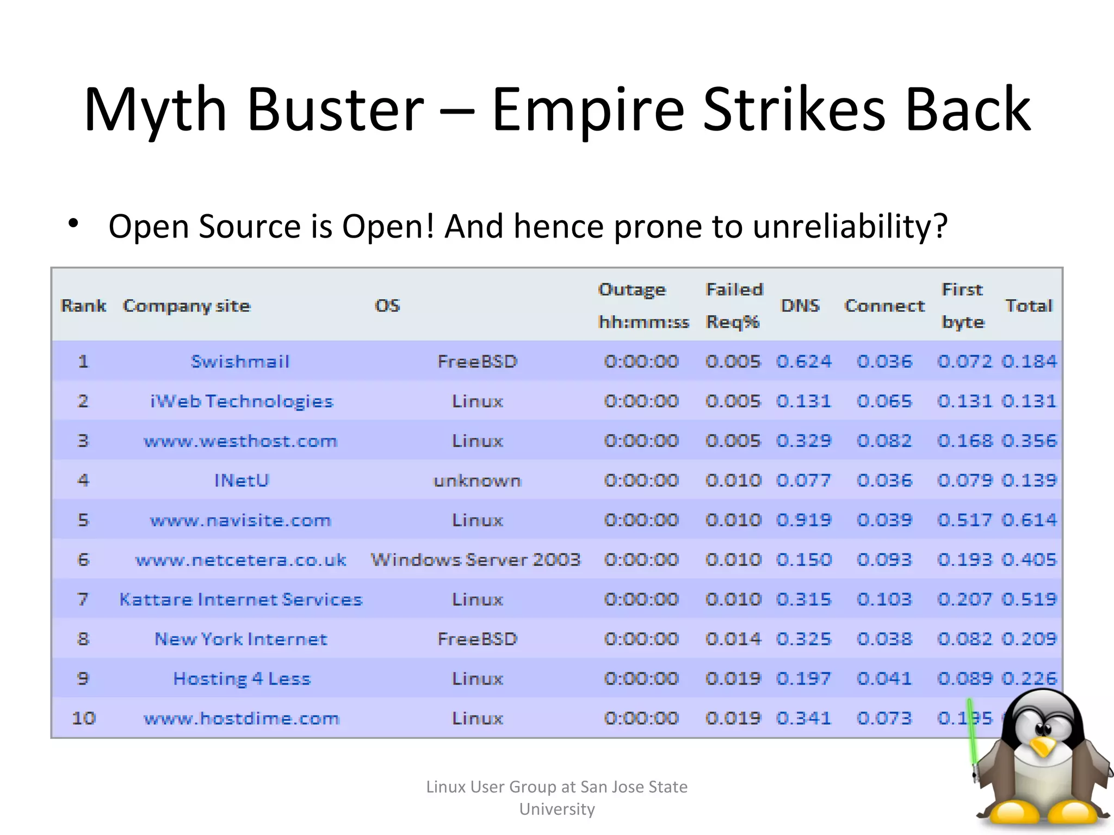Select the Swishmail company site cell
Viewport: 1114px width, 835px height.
[x=240, y=362]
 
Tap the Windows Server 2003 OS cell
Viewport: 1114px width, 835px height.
[x=476, y=559]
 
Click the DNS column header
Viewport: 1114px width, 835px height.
[x=800, y=306]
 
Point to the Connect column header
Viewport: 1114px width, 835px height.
[x=884, y=306]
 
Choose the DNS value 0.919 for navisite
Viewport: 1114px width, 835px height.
[x=803, y=520]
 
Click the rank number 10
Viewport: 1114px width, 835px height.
[x=84, y=718]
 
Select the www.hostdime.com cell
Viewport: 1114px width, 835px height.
[x=241, y=718]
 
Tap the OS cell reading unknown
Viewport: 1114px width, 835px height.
[x=477, y=481]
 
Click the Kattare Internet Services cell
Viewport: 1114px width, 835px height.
[x=240, y=599]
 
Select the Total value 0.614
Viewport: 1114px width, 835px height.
[x=1029, y=520]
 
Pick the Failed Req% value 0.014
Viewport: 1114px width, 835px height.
[x=733, y=639]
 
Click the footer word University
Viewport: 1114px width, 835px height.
[x=557, y=809]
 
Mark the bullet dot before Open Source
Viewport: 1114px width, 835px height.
[x=73, y=223]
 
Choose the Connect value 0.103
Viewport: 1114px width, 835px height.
[x=884, y=599]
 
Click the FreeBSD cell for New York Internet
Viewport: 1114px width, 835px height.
[x=477, y=639]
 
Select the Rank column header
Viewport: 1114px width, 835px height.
[x=83, y=306]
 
